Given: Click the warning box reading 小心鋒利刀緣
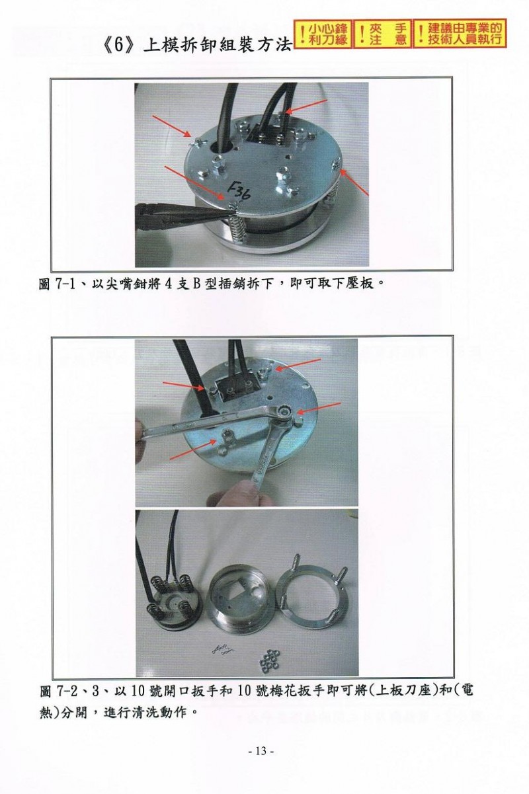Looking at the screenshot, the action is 323,34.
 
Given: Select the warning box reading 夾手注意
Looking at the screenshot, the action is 383,34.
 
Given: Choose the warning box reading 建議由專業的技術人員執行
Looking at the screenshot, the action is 460,33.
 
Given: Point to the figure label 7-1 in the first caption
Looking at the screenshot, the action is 65,284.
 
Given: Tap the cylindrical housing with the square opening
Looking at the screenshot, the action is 239,598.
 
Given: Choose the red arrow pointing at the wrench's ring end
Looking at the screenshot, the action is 319,408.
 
